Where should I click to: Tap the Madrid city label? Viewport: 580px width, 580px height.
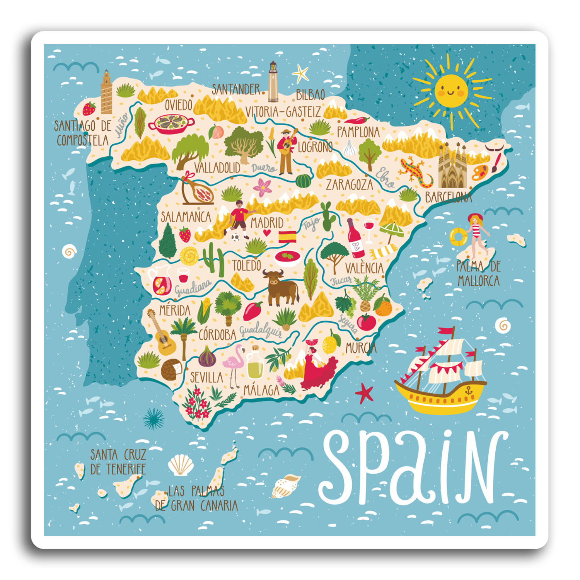point(267,223)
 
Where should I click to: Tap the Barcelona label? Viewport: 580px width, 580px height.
point(448,197)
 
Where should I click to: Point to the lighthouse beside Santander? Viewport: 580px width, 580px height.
point(273,81)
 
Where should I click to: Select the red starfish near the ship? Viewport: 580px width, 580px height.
point(364,393)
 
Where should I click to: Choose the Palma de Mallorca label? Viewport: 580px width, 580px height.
point(478,273)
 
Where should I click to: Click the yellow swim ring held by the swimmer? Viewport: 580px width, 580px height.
point(458,236)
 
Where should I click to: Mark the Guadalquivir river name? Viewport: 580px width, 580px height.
point(261,331)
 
